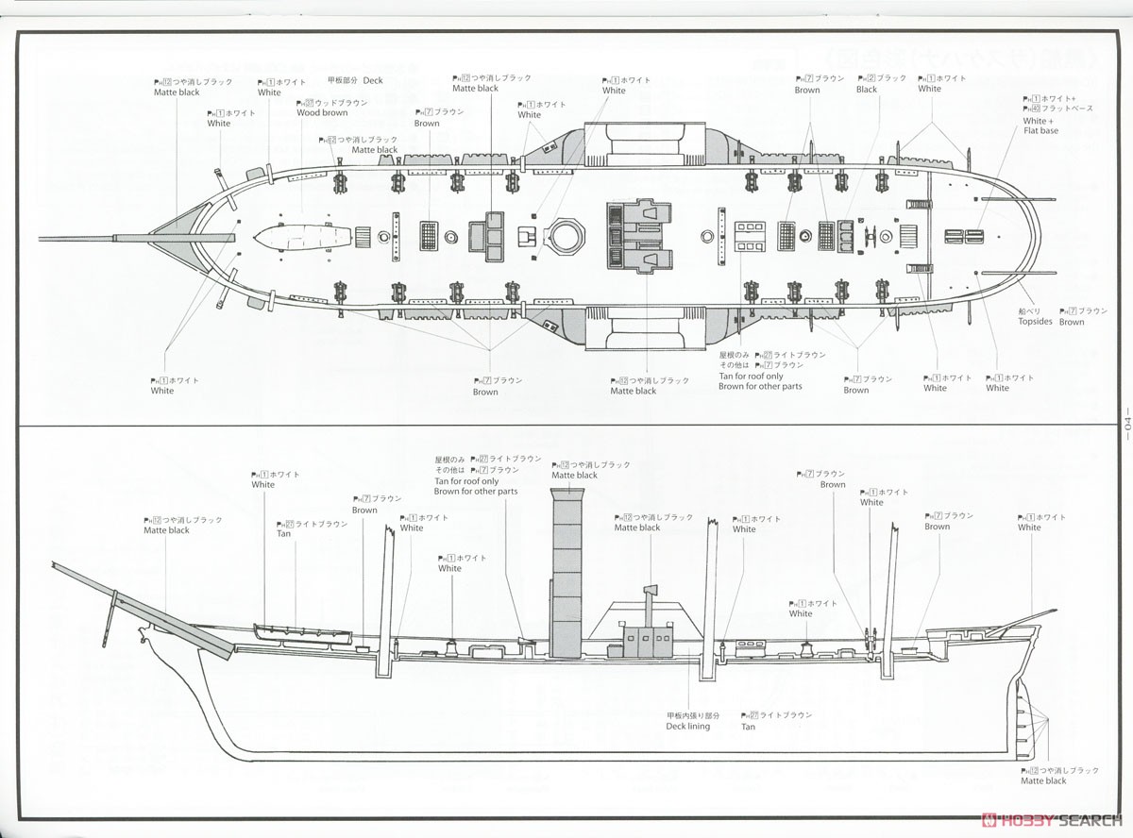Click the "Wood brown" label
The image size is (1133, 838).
coord(322,112)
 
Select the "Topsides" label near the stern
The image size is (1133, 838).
coord(1035,322)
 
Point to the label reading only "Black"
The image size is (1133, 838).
coord(867,90)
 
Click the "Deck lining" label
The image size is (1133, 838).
coord(687,727)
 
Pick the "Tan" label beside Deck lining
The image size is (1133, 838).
coord(748,727)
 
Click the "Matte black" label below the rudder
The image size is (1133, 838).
coord(1043,780)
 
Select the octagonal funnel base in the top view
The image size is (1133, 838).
coord(566,235)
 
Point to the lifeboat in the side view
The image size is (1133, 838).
coord(301,632)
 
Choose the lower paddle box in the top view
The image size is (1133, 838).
coord(645,330)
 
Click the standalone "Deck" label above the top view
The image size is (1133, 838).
coord(372,81)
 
